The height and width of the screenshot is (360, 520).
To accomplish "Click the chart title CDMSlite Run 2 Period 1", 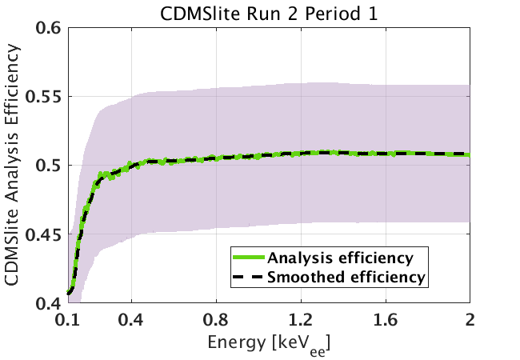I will click(x=268, y=12).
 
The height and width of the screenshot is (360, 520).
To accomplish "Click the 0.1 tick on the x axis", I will click(x=68, y=321).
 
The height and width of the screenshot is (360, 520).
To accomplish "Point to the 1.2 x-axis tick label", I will click(x=301, y=321).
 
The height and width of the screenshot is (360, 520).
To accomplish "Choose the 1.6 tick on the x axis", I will click(x=386, y=321).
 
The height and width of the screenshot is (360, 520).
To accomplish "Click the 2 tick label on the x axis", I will click(x=470, y=321).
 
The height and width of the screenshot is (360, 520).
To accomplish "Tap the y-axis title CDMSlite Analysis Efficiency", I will click(x=14, y=166).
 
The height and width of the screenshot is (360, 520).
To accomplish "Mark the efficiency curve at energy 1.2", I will click(x=301, y=153).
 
